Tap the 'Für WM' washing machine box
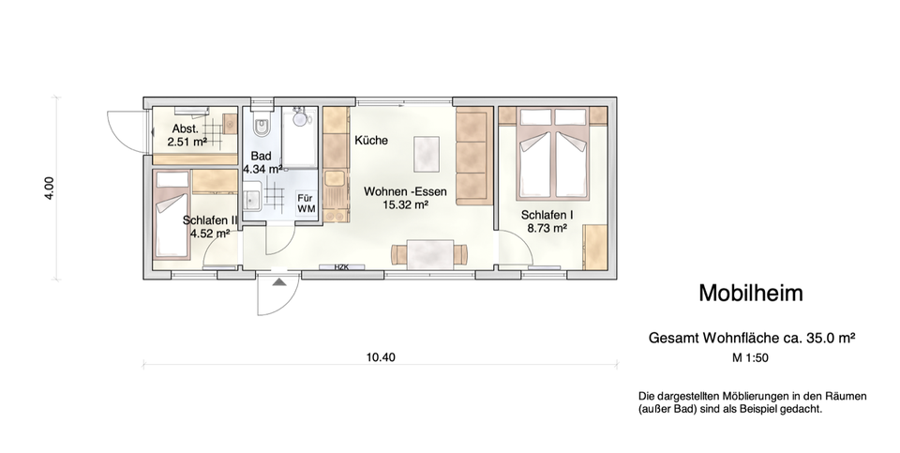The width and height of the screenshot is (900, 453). (306, 204)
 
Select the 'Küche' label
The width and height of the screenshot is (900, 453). (371, 140)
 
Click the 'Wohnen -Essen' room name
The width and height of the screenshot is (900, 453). (406, 190)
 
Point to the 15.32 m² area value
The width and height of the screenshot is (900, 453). (406, 204)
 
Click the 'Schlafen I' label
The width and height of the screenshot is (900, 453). (547, 214)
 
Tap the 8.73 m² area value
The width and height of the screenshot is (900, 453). (547, 227)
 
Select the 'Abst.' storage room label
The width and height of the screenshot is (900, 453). (185, 129)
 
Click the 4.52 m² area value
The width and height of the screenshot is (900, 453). (211, 234)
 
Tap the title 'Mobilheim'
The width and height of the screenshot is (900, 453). (750, 293)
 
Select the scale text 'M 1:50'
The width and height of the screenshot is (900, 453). (750, 357)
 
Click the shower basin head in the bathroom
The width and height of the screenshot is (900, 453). (300, 119)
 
